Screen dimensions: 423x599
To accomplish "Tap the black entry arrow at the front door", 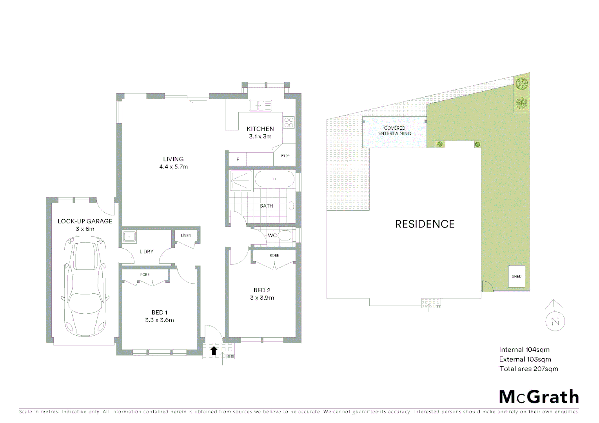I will click(214, 351).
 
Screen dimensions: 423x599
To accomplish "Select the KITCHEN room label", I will click(260, 129).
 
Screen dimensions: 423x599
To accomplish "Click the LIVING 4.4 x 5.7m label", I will click(173, 163).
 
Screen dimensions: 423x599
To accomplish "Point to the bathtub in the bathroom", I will click(274, 180).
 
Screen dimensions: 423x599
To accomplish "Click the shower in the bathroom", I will click(241, 181).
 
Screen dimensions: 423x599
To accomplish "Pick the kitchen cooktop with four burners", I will click(289, 123).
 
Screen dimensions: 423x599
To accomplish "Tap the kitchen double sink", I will click(260, 105).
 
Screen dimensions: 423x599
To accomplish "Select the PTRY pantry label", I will click(285, 156).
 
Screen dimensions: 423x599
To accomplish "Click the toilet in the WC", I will click(285, 235).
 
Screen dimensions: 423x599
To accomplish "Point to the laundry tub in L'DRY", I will click(129, 237).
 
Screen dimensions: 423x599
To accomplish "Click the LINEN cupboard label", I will click(186, 235).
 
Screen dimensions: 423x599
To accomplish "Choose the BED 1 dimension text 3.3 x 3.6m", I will click(159, 320).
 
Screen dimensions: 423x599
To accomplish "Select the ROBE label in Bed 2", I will click(274, 255).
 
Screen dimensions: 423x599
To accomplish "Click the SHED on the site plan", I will click(516, 276).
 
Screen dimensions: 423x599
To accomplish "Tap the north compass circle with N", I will click(555, 321).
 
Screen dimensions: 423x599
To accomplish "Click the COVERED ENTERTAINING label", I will click(394, 131).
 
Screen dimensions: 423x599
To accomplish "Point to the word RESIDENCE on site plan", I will click(425, 224).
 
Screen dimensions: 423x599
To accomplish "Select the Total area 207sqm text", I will click(528, 369).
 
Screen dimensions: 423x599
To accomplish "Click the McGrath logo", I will click(539, 397).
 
